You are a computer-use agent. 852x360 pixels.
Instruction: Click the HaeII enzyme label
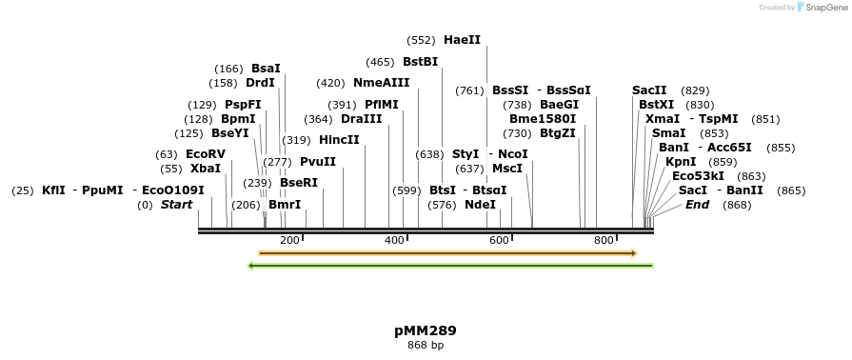coord(462,40)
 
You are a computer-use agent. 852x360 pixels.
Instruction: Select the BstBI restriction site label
coord(420,62)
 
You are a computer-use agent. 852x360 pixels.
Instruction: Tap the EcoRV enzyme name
coord(206,154)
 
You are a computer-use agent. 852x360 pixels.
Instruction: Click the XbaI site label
coord(205,169)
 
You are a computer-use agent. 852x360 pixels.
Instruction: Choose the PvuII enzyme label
coord(318,162)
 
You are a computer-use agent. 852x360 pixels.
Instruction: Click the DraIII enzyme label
coord(361,119)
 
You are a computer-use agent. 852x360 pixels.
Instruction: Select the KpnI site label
coord(681,162)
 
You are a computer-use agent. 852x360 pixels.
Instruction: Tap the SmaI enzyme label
coord(669,133)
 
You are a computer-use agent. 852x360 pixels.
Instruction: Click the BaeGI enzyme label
coord(559,105)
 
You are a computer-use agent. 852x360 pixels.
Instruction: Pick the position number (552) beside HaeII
coord(421,40)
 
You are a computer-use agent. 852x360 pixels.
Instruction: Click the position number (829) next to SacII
coord(695,90)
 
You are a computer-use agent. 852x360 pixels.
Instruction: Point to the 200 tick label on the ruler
coord(289,241)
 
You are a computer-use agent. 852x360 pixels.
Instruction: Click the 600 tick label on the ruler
coord(499,241)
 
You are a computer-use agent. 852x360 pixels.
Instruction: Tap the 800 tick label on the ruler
coord(604,241)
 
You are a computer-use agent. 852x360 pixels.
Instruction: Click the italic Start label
coord(176,205)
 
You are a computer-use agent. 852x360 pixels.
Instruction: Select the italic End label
coord(697,205)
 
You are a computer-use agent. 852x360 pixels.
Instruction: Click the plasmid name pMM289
coord(426,331)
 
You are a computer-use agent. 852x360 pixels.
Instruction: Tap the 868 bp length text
coord(426,345)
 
